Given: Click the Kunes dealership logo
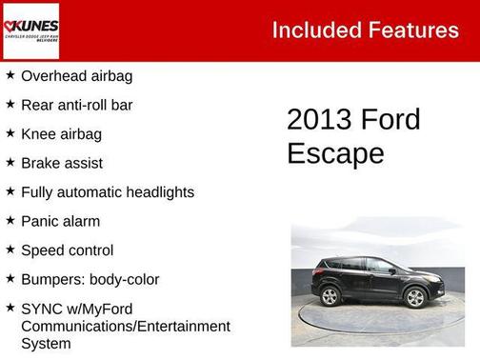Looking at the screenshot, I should (x=30, y=30).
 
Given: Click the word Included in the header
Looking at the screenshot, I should (x=312, y=30).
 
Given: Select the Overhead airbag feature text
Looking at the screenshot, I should (x=76, y=76).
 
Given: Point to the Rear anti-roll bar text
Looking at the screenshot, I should (x=76, y=105).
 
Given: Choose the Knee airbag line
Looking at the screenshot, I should (x=61, y=134).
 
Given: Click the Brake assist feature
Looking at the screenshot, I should (x=61, y=164).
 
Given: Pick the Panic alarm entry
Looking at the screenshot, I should (x=60, y=222).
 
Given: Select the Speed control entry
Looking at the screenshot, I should (x=67, y=250).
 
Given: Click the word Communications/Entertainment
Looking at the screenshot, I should (x=126, y=327).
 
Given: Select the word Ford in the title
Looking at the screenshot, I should (x=390, y=120).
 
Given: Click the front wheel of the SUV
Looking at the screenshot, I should (x=415, y=297).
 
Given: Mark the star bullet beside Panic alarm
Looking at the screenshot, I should (x=10, y=221).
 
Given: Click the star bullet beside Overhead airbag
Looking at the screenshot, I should (x=10, y=75).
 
